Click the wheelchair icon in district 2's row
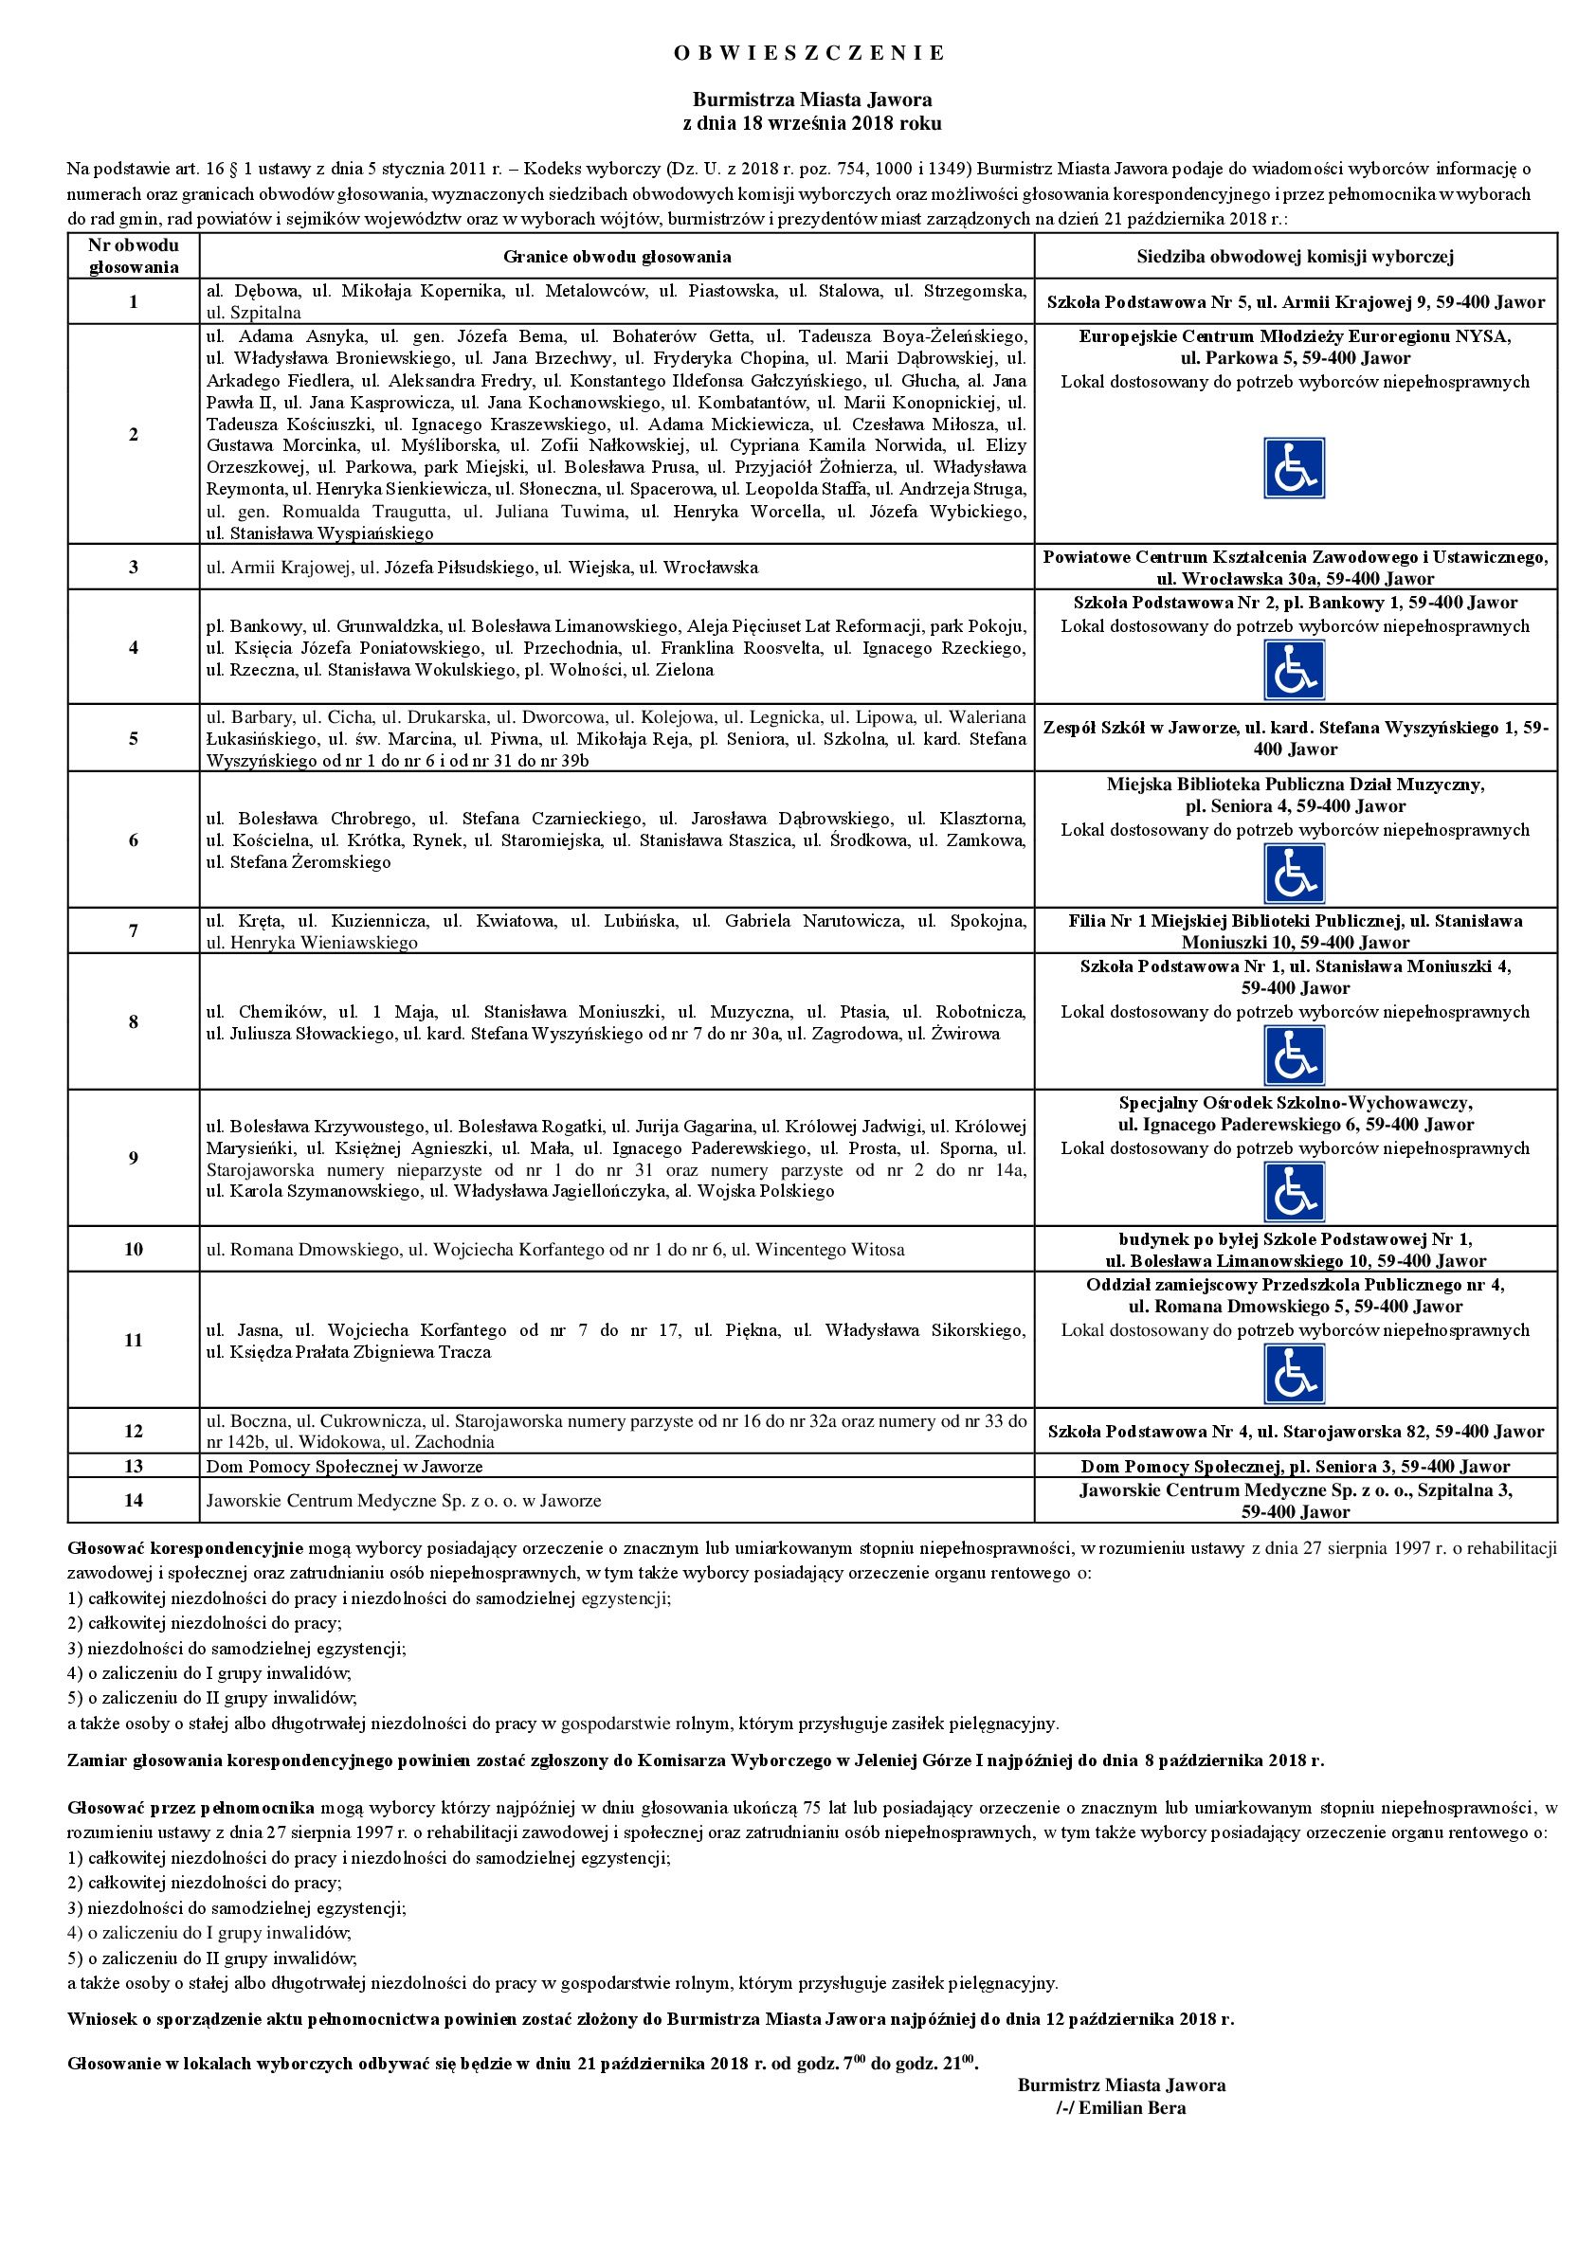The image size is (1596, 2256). coord(1295,468)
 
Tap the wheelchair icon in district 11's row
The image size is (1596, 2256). coord(1295,1374)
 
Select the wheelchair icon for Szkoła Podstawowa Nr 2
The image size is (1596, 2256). coord(1295,670)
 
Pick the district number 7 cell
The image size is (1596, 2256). coord(134,930)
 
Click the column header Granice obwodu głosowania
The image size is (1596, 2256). coord(617,257)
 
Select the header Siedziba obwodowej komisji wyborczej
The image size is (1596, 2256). coord(1296,257)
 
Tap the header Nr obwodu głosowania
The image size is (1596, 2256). coord(134,256)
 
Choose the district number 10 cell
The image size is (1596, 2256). coord(134,1249)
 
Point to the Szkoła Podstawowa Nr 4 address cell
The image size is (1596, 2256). coord(1296,1432)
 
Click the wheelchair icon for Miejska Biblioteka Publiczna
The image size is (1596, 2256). coord(1295,874)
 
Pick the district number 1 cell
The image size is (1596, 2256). coord(134,301)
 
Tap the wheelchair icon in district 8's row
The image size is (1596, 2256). coord(1295,1056)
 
